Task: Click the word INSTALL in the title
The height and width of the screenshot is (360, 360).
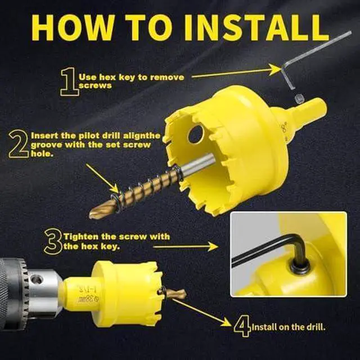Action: point(257,28)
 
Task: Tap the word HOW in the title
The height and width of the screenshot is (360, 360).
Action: point(73,28)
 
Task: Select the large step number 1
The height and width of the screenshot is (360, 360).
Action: point(69,82)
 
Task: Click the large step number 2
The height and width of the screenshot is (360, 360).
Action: point(19,144)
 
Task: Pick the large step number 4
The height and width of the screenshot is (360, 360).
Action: point(242,326)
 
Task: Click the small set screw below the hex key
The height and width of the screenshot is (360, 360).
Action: point(299,99)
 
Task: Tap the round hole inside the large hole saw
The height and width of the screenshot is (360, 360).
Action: point(196,134)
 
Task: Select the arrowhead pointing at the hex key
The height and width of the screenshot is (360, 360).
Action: point(275,70)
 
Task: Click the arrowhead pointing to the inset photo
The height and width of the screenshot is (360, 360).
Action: point(213,246)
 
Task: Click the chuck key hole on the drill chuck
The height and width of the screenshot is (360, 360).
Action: point(37,279)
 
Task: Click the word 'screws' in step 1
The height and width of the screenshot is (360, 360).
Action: point(95,85)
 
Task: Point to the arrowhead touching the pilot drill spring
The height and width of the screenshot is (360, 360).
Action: point(115,189)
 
